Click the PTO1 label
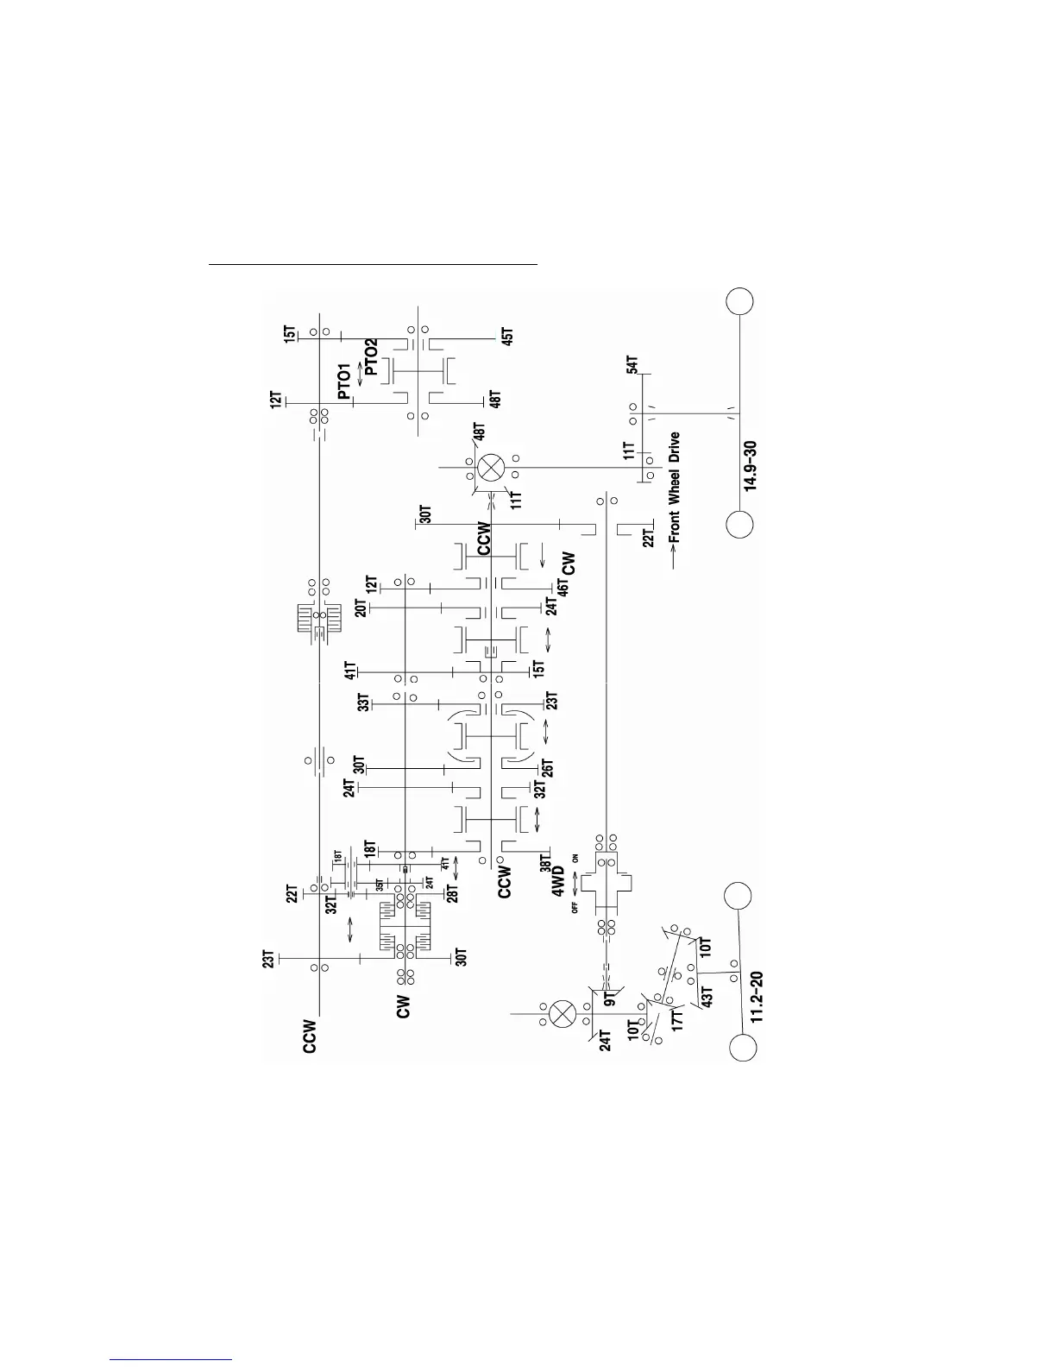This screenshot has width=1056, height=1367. click(344, 381)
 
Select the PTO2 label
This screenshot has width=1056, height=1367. click(371, 357)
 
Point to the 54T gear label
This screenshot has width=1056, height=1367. click(632, 364)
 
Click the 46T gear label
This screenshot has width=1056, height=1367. click(563, 588)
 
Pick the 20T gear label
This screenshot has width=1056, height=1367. click(361, 608)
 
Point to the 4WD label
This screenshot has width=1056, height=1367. click(558, 882)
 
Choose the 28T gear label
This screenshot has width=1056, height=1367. click(452, 893)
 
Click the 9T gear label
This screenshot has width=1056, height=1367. click(609, 1000)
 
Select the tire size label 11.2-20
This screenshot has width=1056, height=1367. click(757, 998)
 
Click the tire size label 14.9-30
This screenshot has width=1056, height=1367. click(751, 463)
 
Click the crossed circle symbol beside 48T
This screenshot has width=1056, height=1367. click(491, 467)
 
